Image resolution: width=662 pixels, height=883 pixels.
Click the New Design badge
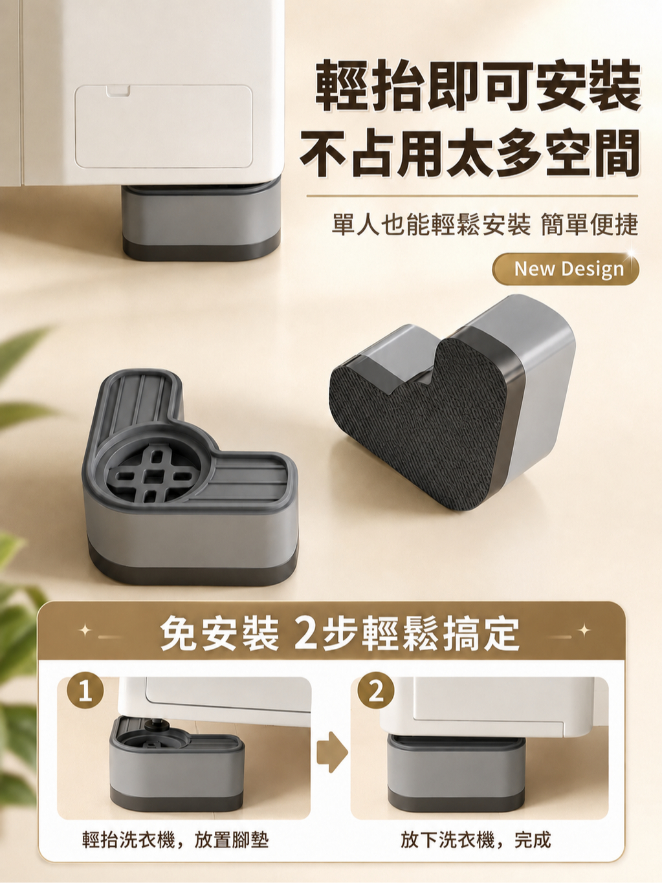566,268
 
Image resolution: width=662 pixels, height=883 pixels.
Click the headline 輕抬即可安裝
478,85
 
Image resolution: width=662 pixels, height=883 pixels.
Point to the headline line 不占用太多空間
470,153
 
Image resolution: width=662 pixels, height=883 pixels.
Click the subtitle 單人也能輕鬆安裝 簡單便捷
485,224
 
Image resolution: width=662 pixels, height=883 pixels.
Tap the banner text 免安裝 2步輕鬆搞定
340,634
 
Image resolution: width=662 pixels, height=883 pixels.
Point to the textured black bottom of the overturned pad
419,422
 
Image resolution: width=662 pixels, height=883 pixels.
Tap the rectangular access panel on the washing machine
163,126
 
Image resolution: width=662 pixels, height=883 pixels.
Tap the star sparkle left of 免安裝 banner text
85,631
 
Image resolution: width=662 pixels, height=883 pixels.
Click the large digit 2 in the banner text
307,635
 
